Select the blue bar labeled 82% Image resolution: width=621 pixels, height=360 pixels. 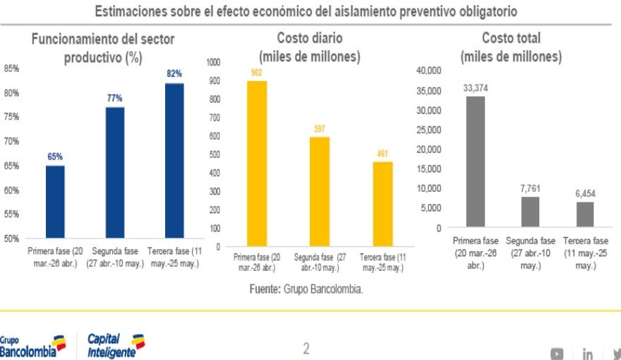click(174, 161)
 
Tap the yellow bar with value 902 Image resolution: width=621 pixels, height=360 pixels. click(257, 163)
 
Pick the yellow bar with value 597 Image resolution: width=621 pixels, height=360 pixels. click(320, 191)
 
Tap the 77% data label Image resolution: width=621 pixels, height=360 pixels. click(115, 98)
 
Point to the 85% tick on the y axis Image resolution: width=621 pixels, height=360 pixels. click(11, 68)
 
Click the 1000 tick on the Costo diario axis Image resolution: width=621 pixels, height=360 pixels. click(213, 62)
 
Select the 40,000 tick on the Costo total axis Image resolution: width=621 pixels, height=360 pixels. click(428, 70)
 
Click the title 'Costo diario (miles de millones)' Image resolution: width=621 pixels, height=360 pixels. click(310, 47)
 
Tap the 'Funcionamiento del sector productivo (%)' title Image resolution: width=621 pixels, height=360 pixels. click(103, 49)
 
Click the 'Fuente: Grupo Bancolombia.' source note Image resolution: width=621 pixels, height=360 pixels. click(306, 289)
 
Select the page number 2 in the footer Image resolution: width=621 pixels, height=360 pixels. click(306, 348)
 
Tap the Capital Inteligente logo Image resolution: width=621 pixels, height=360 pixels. click(116, 346)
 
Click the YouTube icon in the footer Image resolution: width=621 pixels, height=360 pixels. click(557, 353)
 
